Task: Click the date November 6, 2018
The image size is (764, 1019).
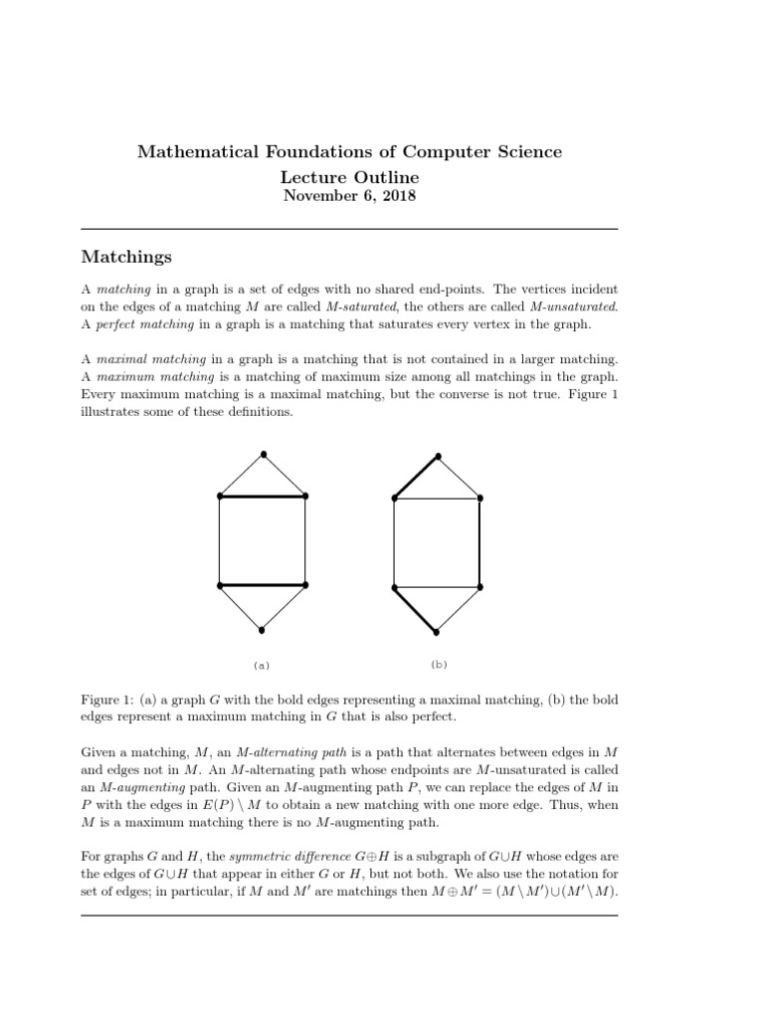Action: tap(349, 196)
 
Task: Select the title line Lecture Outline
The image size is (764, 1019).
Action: tap(349, 176)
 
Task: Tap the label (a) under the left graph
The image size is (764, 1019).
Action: tap(262, 665)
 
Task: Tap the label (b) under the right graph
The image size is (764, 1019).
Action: tap(438, 664)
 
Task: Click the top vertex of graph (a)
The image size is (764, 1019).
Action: tap(263, 455)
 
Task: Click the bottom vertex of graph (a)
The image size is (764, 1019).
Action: tap(262, 630)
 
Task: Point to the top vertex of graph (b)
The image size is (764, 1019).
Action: tap(438, 455)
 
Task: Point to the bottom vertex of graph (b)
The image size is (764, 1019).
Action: tap(437, 631)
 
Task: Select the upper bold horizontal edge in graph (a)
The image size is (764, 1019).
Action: tap(262, 496)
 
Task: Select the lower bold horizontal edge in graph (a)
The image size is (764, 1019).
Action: tap(262, 585)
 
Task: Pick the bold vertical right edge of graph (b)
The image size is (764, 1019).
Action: tap(480, 542)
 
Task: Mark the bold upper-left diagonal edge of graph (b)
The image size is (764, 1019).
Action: tap(416, 476)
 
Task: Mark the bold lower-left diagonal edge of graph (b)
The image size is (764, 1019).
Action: tap(416, 609)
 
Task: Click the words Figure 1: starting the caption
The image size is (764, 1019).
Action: tap(106, 701)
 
